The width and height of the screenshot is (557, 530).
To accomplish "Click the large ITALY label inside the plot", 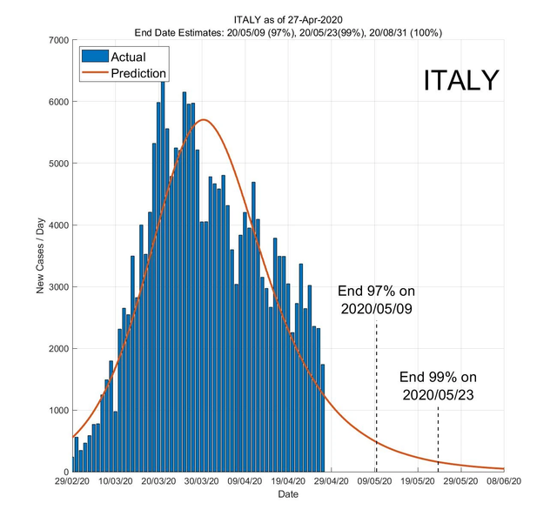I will [461, 80].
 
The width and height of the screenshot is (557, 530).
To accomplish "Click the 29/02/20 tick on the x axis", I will [72, 480].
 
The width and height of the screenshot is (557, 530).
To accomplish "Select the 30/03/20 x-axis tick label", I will [202, 480].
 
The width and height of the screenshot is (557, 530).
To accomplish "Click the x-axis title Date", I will [288, 494].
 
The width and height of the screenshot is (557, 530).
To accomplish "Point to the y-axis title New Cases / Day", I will [40, 256].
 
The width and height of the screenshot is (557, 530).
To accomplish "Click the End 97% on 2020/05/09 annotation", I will [375, 300].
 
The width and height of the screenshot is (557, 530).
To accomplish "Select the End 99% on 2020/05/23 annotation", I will [439, 386].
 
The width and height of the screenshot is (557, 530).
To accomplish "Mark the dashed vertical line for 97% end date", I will [376, 392].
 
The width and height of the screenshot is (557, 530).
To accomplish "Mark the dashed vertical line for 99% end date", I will [438, 439].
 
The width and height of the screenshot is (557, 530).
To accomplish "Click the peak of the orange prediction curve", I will [203, 120].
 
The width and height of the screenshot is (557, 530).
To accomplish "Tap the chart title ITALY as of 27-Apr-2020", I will [288, 18].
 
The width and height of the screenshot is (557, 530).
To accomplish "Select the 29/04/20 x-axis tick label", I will [332, 480].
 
